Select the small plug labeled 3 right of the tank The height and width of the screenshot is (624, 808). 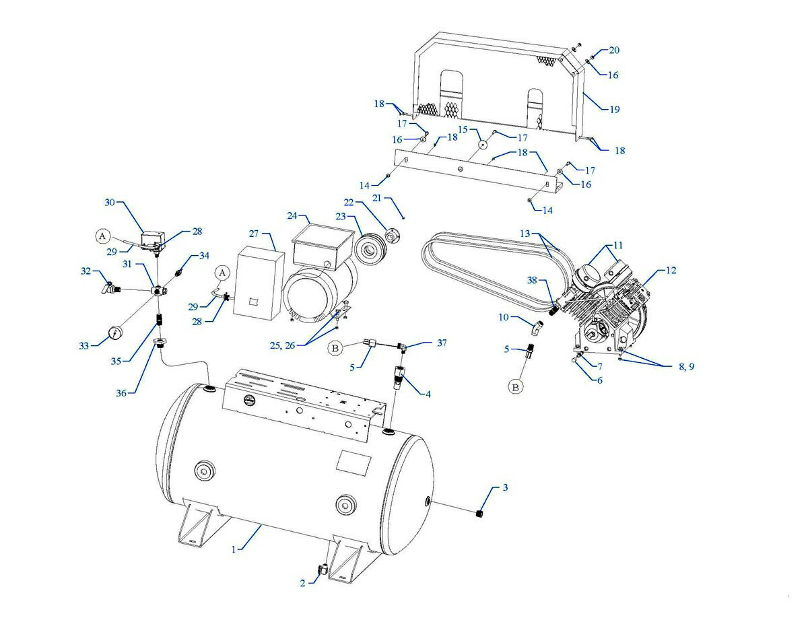(x=480, y=515)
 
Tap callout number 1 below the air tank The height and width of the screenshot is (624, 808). (x=234, y=550)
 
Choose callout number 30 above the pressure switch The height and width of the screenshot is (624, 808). (x=110, y=203)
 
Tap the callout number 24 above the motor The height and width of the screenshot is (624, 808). (x=291, y=216)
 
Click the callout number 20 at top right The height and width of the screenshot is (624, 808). (x=614, y=50)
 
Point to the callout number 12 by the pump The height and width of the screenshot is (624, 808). (x=671, y=271)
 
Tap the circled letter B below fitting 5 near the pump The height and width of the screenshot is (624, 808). (x=516, y=387)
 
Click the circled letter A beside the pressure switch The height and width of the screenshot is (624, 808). (x=102, y=236)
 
